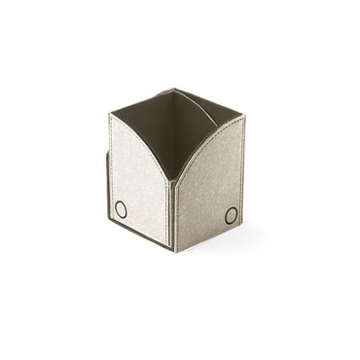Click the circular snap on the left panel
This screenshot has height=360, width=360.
pyautogui.click(x=121, y=209)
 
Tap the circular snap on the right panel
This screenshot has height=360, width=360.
pyautogui.click(x=232, y=215)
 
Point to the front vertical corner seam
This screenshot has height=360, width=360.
pyautogui.click(x=173, y=214)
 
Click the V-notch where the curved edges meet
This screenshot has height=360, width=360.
pyautogui.click(x=173, y=179)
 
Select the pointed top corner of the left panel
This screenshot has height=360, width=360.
pyautogui.click(x=111, y=115)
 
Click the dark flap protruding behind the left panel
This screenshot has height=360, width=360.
pyautogui.click(x=105, y=185)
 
